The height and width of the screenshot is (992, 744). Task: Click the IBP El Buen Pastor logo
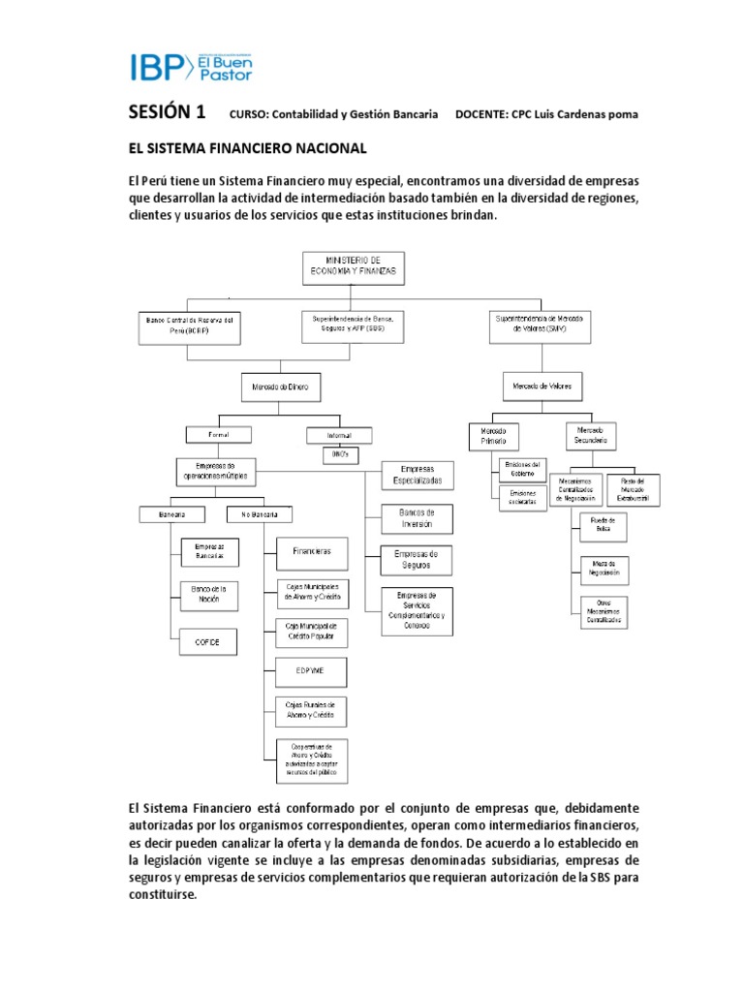pos(190,66)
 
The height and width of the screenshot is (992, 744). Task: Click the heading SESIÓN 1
pos(168,112)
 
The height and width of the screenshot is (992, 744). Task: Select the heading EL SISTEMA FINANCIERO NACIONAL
pos(247,148)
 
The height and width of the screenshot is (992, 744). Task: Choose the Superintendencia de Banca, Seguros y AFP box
pos(353,325)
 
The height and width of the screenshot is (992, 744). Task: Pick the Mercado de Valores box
pos(536,387)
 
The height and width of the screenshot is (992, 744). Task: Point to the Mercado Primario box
pos(494,435)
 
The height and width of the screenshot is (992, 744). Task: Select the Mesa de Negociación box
pos(603,568)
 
